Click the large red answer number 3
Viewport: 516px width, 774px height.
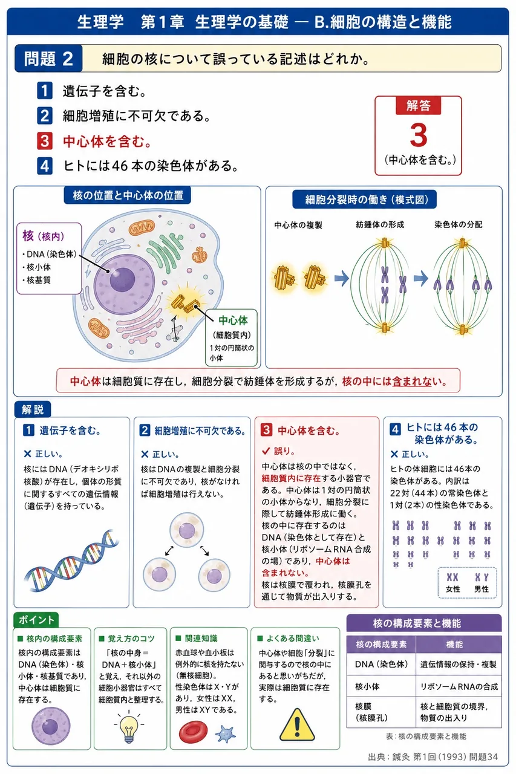[418, 135]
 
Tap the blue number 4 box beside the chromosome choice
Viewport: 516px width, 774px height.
[45, 166]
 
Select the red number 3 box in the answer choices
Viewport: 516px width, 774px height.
[45, 141]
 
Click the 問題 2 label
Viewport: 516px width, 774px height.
[48, 59]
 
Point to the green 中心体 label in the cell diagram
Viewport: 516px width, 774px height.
[233, 320]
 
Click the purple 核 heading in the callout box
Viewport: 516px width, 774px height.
[28, 236]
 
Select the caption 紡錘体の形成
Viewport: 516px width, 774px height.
[380, 224]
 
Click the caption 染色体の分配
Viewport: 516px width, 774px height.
[459, 224]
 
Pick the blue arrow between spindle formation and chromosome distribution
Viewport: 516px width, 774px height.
[421, 278]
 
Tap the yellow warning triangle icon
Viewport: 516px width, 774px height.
[297, 725]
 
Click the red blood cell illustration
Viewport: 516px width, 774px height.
[193, 732]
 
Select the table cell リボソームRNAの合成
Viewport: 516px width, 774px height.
[459, 686]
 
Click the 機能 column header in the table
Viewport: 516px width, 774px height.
[454, 645]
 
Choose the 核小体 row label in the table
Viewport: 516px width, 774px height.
[367, 686]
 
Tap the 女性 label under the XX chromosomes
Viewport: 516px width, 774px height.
[452, 589]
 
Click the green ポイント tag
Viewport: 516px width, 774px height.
[36, 620]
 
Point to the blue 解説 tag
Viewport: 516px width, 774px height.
[33, 409]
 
